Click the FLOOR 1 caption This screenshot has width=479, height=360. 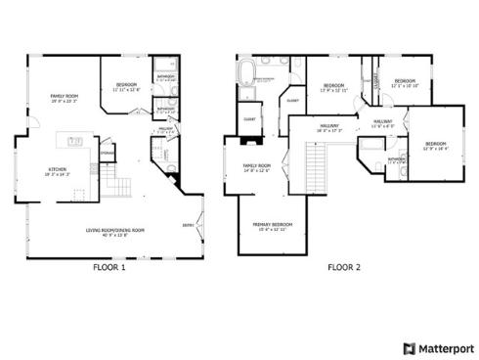[x=109, y=266]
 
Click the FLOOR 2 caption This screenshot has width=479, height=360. [x=343, y=266]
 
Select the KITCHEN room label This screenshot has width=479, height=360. [x=58, y=171]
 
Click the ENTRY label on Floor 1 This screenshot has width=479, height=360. [x=187, y=224]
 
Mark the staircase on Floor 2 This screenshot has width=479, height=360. [x=315, y=157]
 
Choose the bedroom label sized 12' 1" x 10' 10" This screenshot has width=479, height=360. [x=405, y=83]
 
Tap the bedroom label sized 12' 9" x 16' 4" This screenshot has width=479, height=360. [x=434, y=147]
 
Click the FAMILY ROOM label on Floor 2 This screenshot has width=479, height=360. [x=256, y=168]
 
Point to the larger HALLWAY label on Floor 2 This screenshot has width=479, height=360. [x=328, y=126]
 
